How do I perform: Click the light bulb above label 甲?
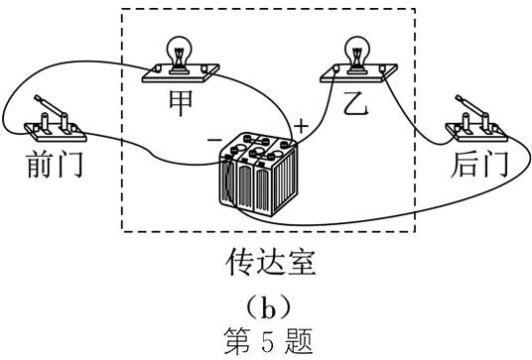[181, 49]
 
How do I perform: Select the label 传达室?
[267, 264]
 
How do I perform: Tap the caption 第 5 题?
[267, 341]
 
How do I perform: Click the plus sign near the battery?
[300, 126]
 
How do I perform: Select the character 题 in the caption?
[299, 341]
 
